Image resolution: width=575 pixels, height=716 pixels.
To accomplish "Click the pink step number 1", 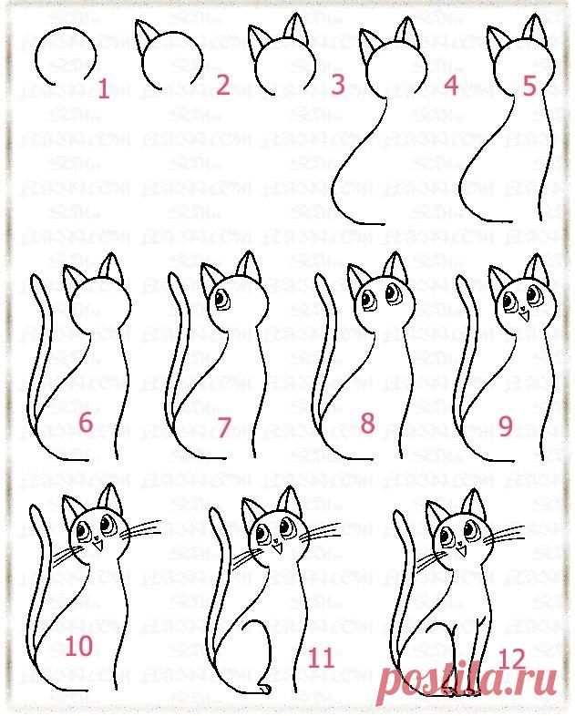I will [103, 88].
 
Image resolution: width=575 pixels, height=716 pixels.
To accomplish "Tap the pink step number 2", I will [222, 86].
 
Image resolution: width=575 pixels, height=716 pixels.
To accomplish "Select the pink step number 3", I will [337, 86].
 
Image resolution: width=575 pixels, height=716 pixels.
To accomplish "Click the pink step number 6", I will [86, 423].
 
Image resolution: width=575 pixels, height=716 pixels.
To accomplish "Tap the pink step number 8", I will [368, 423].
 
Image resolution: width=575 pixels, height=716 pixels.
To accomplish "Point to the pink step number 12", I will [513, 657].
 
